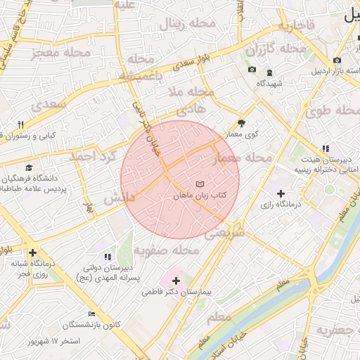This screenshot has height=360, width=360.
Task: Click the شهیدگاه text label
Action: [x=269, y=84]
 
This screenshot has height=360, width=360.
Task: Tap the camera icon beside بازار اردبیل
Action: [x=338, y=60]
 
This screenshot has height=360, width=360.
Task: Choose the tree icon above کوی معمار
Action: [x=242, y=122]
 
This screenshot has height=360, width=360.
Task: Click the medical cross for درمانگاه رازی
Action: [x=281, y=193]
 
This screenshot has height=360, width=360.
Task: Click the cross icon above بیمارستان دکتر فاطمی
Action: [x=176, y=281]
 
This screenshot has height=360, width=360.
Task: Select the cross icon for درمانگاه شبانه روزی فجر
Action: [x=32, y=252]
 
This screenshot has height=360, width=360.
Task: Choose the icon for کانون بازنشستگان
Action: [x=91, y=314]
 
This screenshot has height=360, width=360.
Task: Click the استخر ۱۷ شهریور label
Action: [x=53, y=341]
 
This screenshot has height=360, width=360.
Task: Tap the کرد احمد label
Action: [x=92, y=156]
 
